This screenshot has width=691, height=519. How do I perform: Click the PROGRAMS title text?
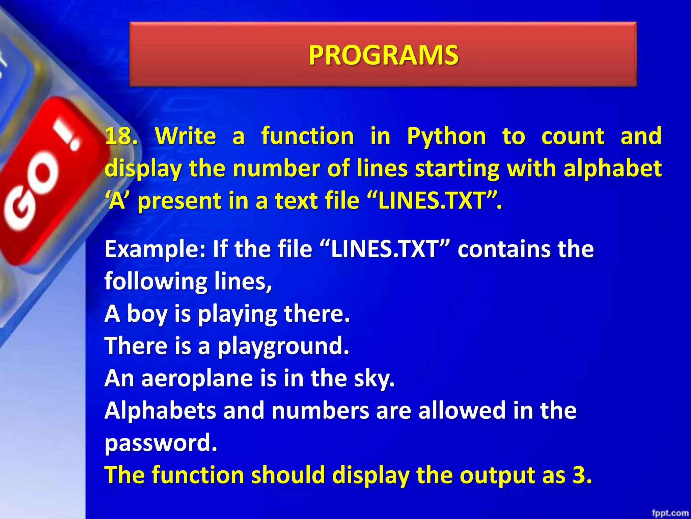383,55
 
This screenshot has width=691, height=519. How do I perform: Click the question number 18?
121,136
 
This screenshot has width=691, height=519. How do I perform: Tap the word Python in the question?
446,136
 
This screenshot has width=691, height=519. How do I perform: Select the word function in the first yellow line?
307,136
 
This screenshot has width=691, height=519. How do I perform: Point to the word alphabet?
612,168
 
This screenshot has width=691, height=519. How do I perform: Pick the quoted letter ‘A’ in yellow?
117,200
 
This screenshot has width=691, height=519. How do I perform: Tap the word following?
156,281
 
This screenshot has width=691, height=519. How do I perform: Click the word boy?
147,314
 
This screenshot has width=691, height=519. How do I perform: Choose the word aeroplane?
197,378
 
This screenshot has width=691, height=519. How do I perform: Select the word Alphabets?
160,411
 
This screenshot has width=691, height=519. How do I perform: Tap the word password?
161,443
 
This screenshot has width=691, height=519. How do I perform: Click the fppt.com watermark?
670,513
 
